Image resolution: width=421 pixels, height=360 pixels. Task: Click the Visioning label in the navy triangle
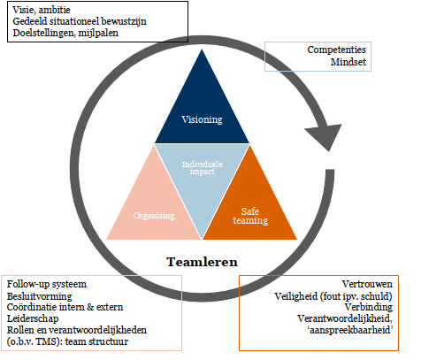tap(203, 119)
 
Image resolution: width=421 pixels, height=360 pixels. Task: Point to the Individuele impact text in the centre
tap(202, 167)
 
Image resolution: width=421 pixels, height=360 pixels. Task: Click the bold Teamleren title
tap(203, 262)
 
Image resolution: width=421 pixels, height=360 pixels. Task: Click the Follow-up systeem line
tap(47, 283)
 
